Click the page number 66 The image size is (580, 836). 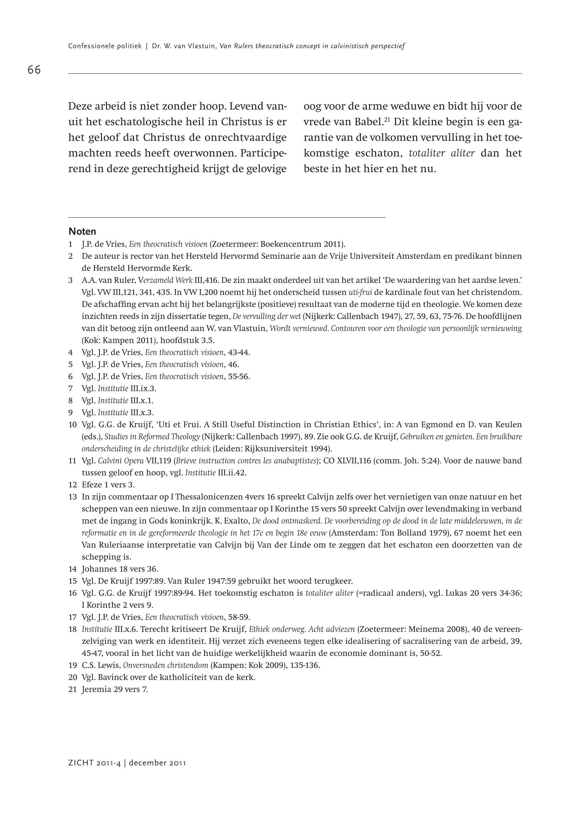point(34,70)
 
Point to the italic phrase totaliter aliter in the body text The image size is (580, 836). point(442,153)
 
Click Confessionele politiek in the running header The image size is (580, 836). point(105,46)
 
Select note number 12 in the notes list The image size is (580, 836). point(72,485)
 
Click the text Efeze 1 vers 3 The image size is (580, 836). point(108,485)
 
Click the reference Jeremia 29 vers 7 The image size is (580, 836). point(115,689)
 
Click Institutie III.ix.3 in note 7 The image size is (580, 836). point(127,388)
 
